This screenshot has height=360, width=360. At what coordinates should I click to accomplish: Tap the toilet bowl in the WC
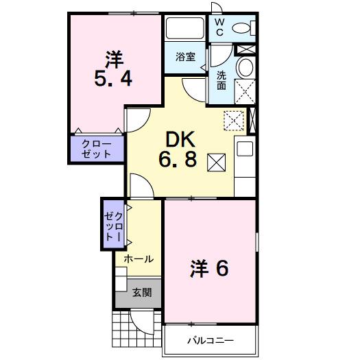pos(242,28)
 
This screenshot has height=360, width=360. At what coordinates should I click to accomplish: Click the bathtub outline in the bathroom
pos(184,28)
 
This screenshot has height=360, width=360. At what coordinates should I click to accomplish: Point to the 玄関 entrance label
pos(141,293)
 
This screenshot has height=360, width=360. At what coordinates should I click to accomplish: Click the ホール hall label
pos(138,259)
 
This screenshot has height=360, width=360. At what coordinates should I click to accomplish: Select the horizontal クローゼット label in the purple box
pos(96,149)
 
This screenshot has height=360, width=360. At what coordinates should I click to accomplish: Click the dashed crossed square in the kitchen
pos(234,120)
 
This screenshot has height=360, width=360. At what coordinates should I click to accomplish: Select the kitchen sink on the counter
pos(244,150)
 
